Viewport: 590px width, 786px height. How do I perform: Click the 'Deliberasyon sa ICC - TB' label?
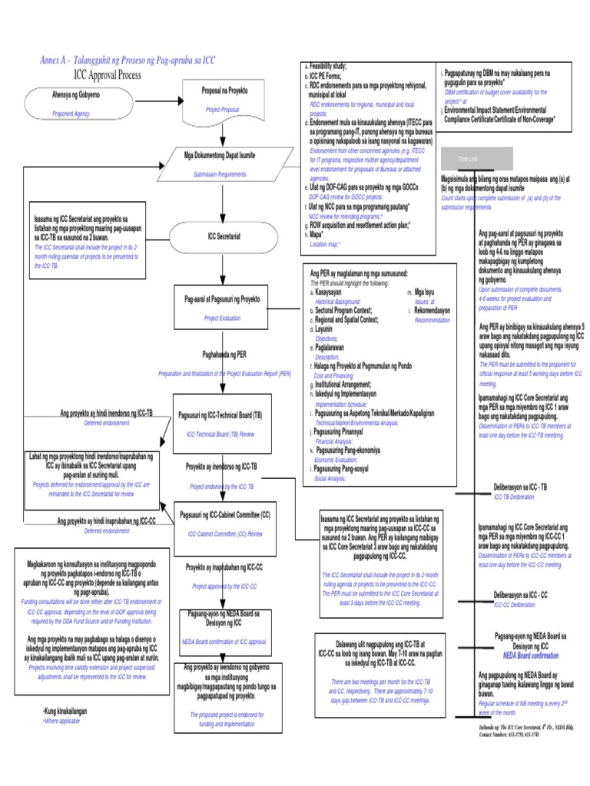coord(520,488)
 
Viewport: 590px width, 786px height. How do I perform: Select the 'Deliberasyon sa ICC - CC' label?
coord(520,596)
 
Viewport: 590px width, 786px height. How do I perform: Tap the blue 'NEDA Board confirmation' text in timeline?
coord(531,656)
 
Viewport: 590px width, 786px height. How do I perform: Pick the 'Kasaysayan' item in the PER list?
coord(328,292)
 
